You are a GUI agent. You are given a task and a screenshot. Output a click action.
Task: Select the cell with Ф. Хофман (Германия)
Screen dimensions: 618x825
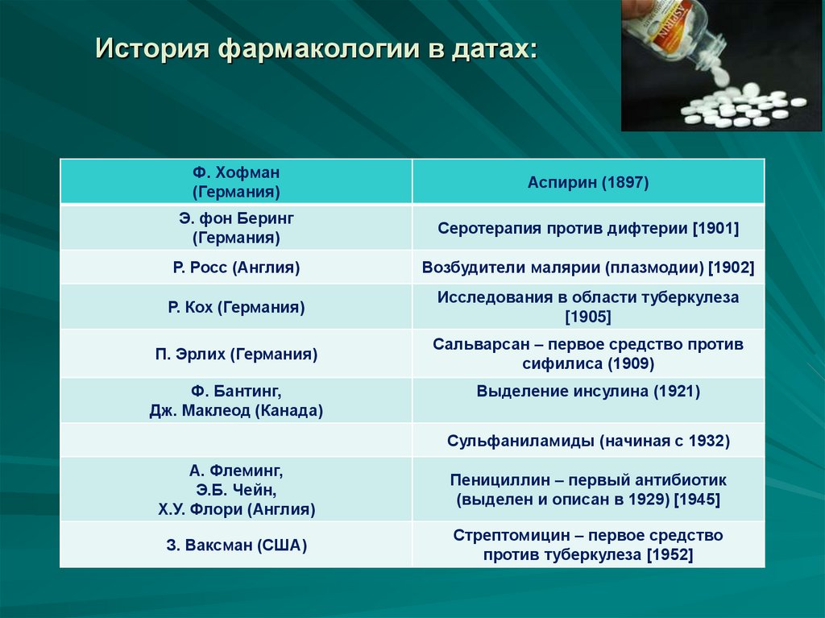[236, 182]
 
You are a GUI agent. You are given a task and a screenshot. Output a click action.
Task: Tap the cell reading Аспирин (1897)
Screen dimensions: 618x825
[588, 183]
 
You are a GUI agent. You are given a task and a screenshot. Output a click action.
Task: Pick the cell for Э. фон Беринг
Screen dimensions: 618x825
[236, 228]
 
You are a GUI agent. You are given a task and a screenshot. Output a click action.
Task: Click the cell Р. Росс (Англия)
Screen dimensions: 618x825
[236, 268]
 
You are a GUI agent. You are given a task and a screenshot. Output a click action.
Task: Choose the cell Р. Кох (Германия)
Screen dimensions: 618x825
[236, 307]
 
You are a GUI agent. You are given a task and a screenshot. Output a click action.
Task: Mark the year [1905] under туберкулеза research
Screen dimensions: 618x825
[588, 317]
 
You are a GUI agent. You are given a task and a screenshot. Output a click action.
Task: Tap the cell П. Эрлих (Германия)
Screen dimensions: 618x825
[236, 354]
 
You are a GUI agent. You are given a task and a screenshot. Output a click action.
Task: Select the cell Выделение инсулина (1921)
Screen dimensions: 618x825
[588, 392]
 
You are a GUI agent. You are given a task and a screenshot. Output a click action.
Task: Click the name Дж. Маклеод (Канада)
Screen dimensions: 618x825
[236, 410]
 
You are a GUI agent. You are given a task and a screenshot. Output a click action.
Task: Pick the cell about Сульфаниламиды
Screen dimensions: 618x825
[588, 441]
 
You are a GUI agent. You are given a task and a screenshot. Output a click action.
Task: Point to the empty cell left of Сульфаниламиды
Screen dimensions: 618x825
[236, 441]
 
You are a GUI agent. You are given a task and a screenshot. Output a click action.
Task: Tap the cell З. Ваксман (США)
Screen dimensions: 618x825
[236, 545]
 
